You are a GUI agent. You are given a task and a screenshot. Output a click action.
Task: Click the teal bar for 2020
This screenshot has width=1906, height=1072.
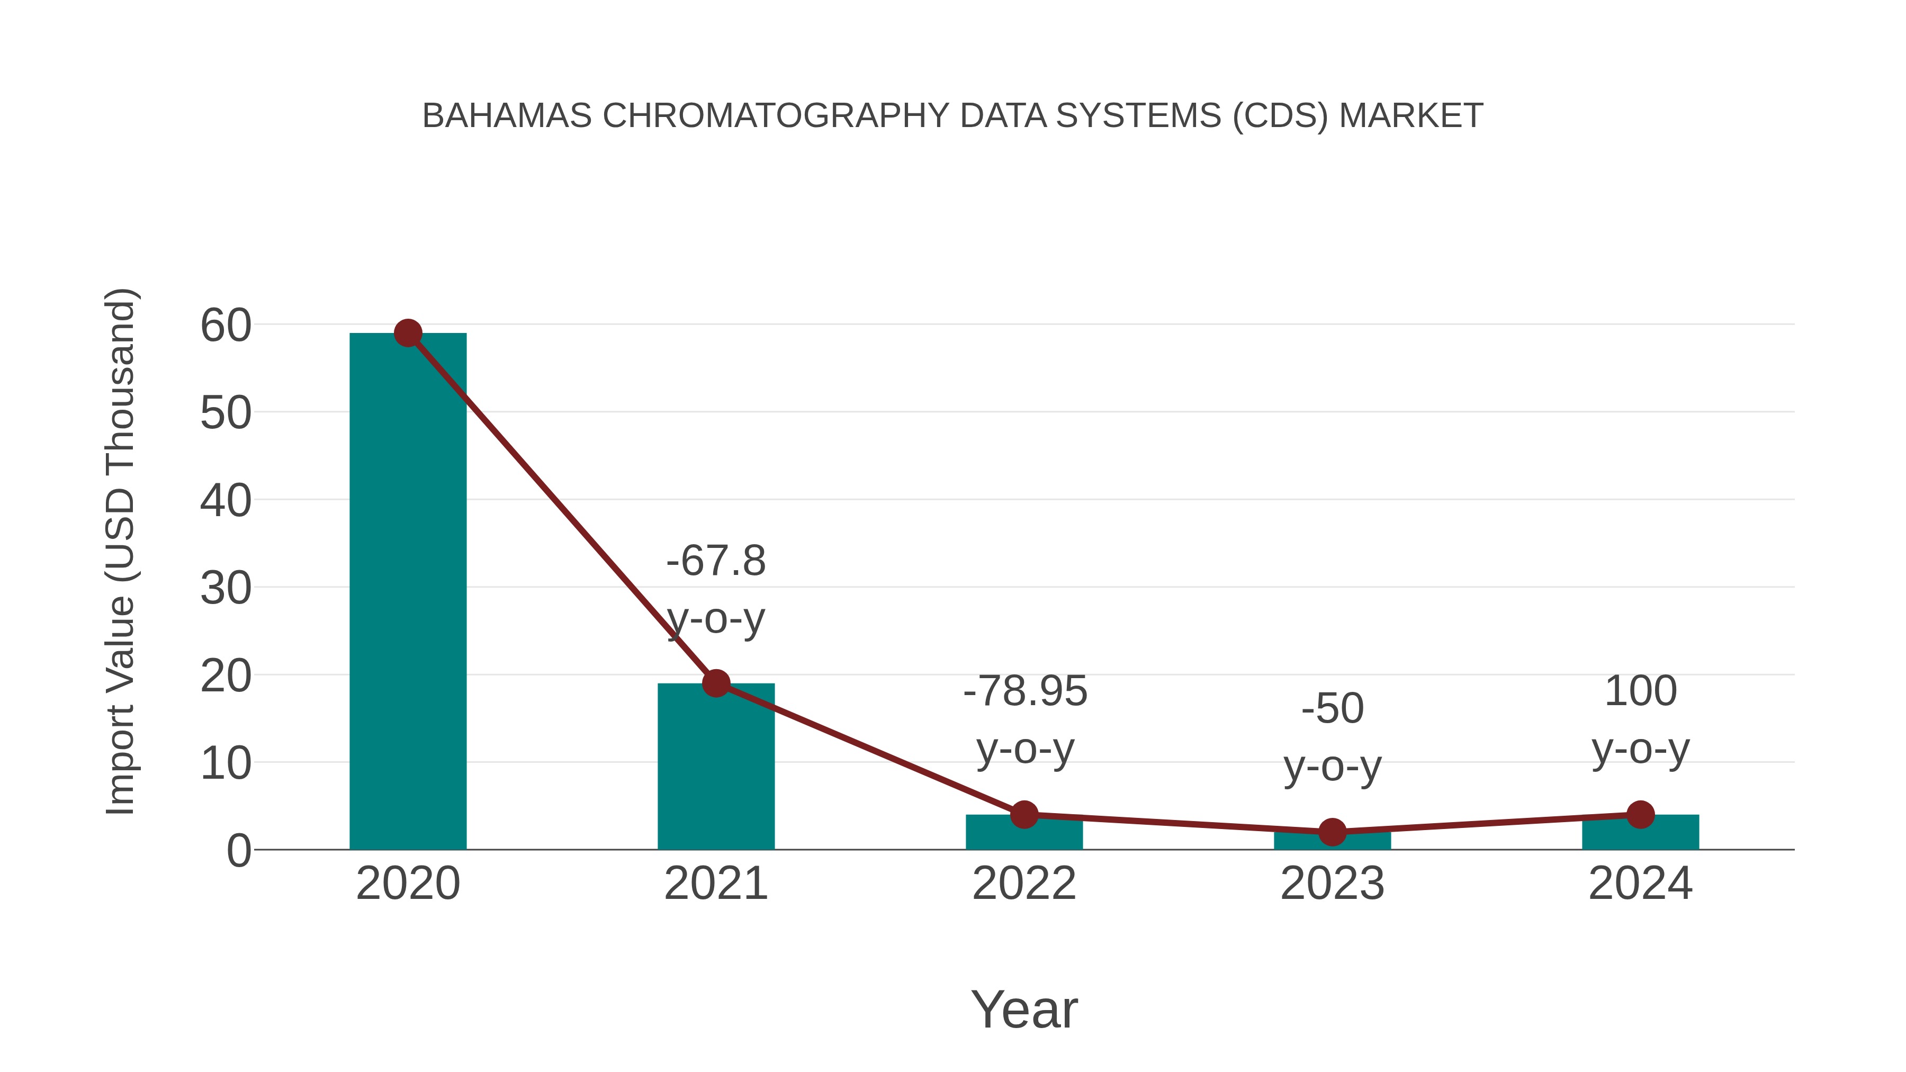[408, 592]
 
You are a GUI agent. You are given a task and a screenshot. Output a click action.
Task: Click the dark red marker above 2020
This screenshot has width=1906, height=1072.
[408, 333]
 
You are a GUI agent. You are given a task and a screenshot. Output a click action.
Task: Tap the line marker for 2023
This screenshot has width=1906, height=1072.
[1332, 832]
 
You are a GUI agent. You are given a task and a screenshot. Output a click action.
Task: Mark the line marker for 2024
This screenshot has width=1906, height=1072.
[1640, 815]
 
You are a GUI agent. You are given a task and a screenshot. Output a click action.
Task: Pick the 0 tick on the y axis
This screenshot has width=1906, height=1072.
[238, 851]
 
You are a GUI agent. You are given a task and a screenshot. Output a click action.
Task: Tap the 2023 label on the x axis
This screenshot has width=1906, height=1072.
[1332, 884]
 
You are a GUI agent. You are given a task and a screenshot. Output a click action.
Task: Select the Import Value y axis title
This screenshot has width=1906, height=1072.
[120, 551]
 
